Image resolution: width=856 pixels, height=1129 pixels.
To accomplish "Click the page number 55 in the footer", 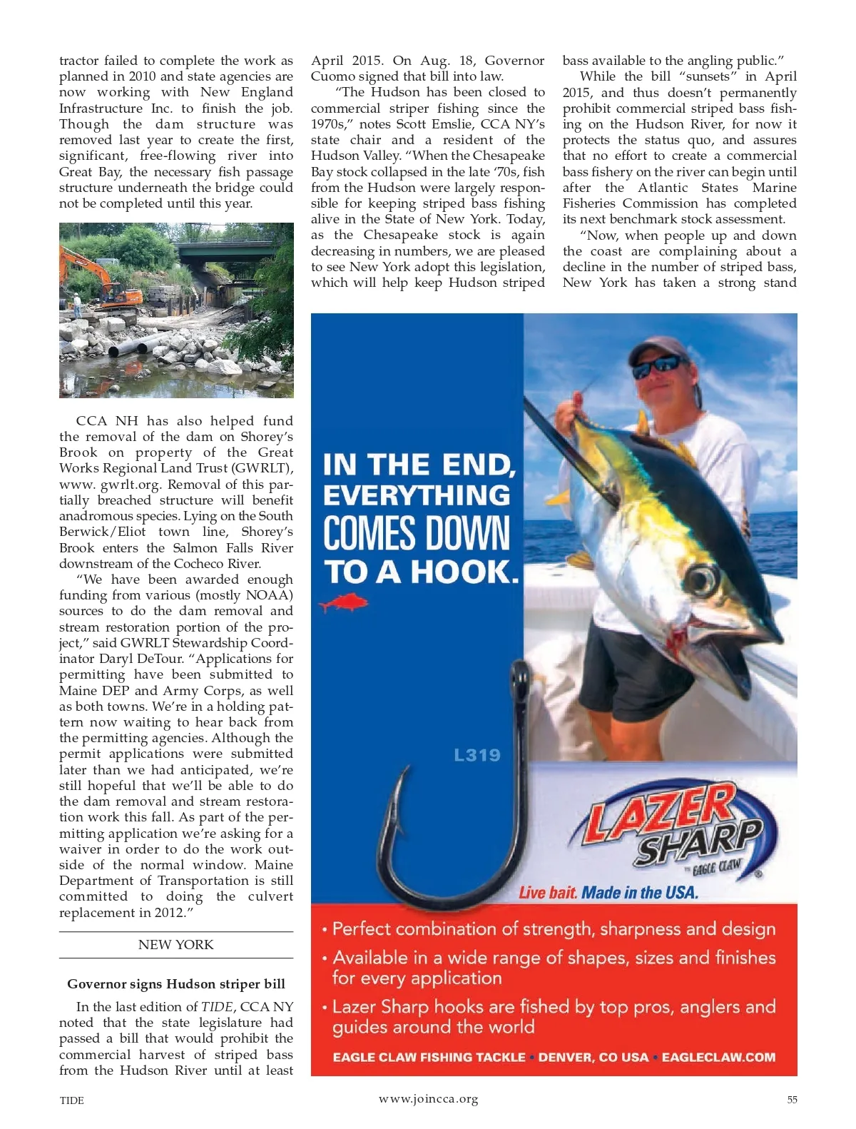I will click(792, 1100).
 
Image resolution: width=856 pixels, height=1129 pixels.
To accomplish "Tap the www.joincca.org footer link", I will click(428, 1099).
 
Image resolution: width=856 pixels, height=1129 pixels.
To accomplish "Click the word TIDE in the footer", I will click(71, 1100).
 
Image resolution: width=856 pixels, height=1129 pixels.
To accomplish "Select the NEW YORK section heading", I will click(175, 945).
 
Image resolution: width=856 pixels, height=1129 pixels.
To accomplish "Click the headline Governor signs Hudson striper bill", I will click(175, 984).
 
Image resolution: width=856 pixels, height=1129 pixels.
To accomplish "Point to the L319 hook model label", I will click(477, 755).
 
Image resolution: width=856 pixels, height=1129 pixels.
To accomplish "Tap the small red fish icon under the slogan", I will click(344, 604).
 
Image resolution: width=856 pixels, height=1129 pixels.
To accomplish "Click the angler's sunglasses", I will click(656, 366).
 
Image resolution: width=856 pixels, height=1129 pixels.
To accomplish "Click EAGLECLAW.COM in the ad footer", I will click(718, 1057).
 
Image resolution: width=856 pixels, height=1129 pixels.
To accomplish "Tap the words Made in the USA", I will click(640, 893).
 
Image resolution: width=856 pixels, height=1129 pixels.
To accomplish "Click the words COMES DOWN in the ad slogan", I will click(417, 534).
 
